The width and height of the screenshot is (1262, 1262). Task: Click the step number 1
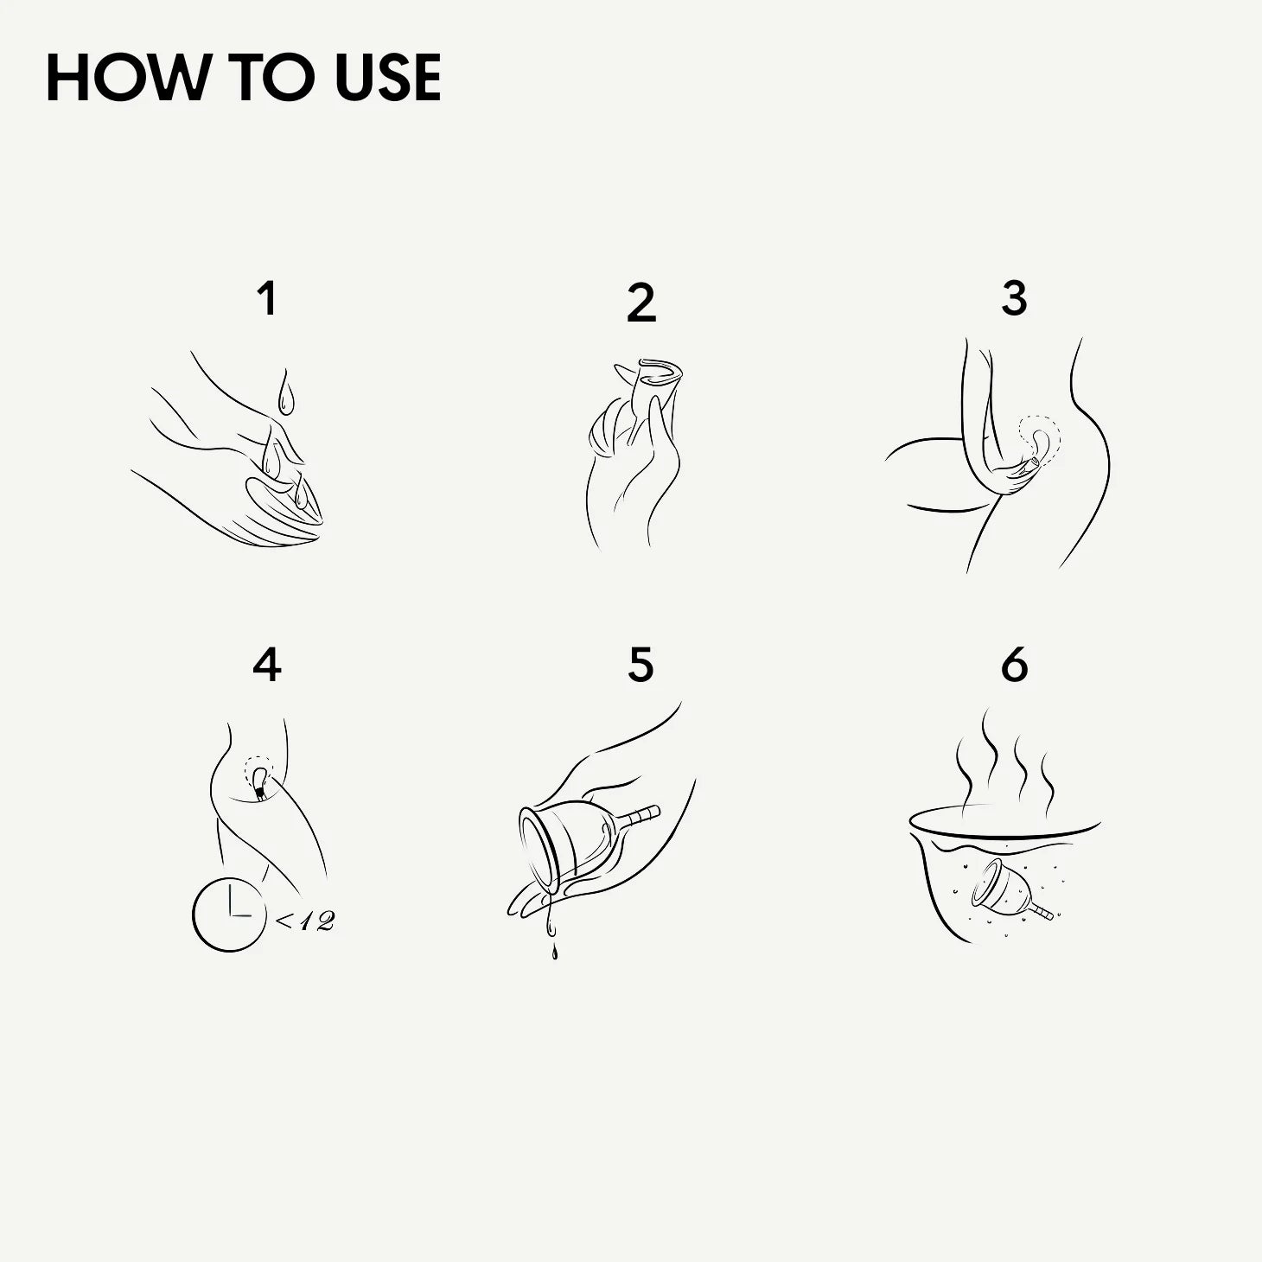point(267,298)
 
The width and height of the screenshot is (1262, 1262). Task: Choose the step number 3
point(1015,298)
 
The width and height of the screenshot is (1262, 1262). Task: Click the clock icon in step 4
point(229,915)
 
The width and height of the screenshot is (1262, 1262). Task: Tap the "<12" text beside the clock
point(304,921)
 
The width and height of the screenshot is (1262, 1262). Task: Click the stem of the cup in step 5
point(639,816)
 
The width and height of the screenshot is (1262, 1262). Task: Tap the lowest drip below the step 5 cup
point(555,953)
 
